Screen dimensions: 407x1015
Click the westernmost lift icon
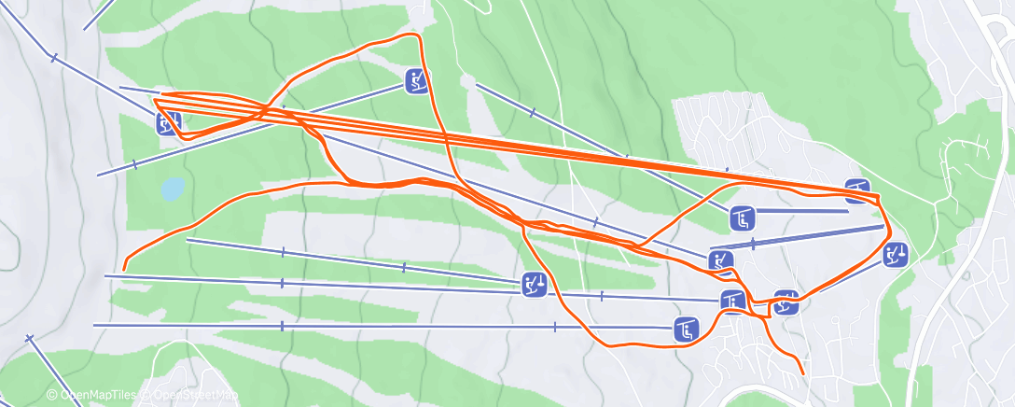tap(168, 121)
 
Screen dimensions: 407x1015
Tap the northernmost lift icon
tap(417, 80)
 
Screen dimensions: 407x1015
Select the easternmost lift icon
tap(895, 254)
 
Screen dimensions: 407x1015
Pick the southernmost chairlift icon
tap(687, 329)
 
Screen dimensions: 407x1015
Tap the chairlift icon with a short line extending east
tap(743, 219)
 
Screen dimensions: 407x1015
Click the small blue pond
tap(173, 189)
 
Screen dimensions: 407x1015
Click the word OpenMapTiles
tap(94, 396)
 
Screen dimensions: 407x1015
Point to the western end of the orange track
tap(123, 270)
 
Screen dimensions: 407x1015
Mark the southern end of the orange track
tap(803, 375)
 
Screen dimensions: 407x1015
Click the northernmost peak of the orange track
tap(413, 35)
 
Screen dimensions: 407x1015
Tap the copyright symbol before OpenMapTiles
tap(52, 396)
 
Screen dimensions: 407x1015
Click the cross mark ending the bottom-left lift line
tap(30, 338)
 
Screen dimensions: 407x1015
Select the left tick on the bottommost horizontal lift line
tap(282, 326)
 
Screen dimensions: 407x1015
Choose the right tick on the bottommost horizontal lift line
tap(554, 327)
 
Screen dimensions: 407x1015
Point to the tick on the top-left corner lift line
tap(54, 58)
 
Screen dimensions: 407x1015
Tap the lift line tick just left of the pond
tap(134, 164)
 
